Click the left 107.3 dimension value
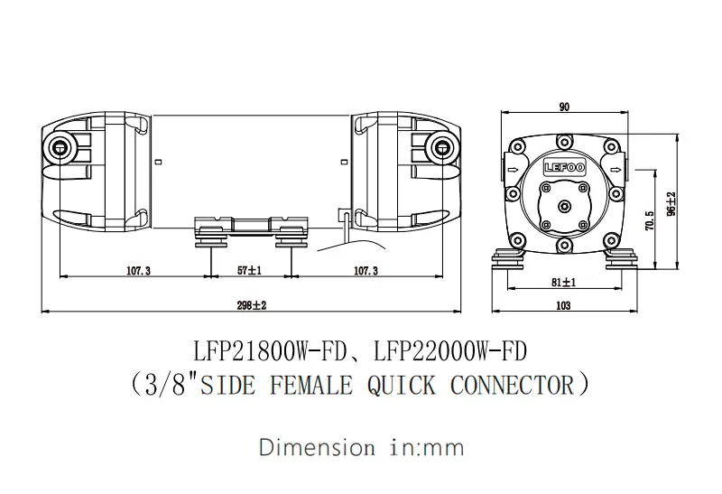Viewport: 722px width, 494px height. (139, 270)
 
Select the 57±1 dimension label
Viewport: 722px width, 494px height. (249, 270)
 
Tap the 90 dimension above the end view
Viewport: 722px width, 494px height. (564, 107)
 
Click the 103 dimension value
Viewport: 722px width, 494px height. (563, 306)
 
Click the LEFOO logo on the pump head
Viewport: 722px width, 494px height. (564, 167)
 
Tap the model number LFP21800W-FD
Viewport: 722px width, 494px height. (277, 348)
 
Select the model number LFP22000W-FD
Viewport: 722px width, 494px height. (451, 348)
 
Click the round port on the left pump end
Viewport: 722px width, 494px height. (61, 147)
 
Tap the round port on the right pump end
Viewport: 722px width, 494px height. (442, 146)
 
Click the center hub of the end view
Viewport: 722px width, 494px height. (564, 205)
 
